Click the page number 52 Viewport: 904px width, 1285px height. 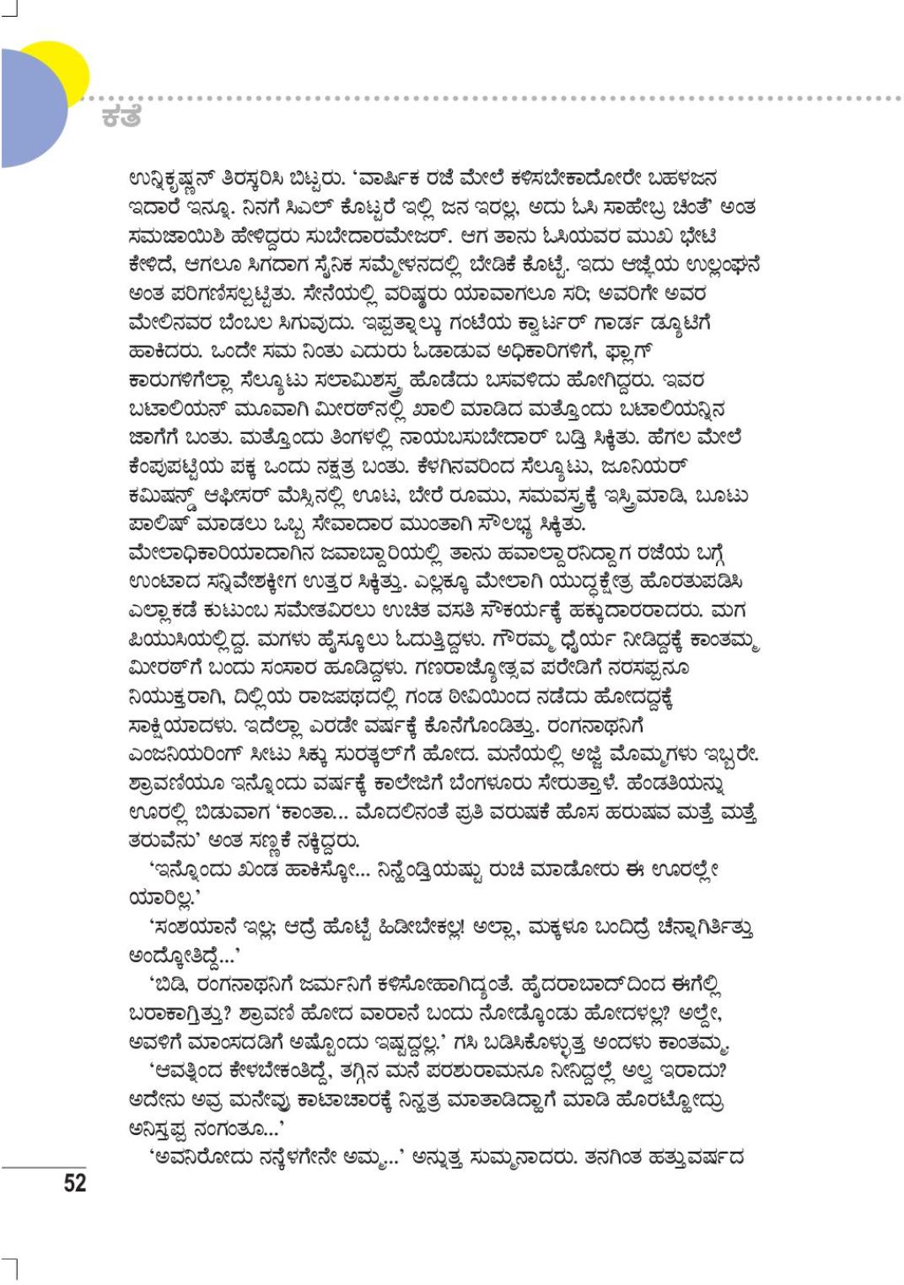(x=74, y=1183)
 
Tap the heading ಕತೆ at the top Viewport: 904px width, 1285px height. (x=121, y=116)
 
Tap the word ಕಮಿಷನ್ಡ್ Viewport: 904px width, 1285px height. (x=169, y=495)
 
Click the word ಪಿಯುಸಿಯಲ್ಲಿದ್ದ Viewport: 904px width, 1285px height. (x=188, y=639)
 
